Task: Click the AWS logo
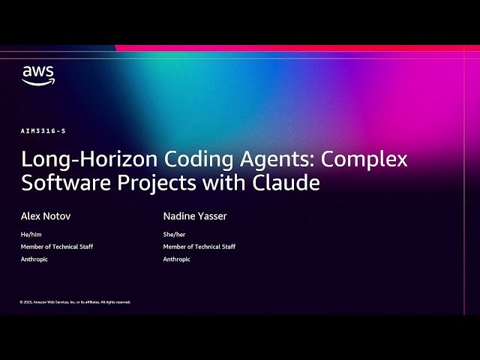(x=37, y=75)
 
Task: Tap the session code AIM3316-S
(x=43, y=131)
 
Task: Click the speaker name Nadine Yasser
(x=195, y=217)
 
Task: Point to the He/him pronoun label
(x=31, y=235)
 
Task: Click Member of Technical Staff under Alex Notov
(x=57, y=247)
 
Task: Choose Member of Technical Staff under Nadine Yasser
(x=199, y=247)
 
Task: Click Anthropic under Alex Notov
(x=32, y=259)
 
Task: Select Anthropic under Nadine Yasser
(x=177, y=259)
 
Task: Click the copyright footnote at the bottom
(x=75, y=302)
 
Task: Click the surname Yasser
(x=211, y=217)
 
